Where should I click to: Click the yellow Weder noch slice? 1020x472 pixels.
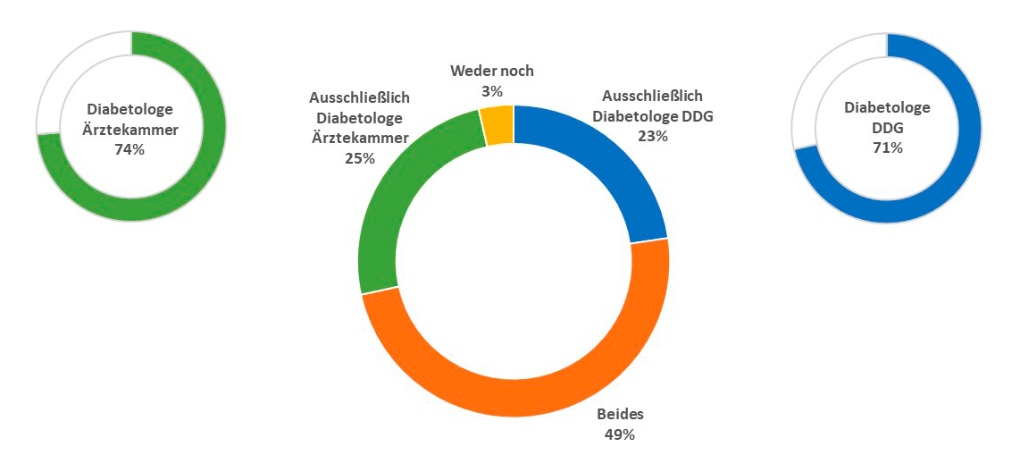tap(497, 124)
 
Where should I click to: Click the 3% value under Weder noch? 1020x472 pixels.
tap(492, 90)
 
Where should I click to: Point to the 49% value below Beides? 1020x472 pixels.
tap(620, 434)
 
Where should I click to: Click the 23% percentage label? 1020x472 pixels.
tap(653, 135)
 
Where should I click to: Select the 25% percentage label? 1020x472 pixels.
tap(359, 158)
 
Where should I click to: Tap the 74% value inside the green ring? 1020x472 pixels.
tap(130, 149)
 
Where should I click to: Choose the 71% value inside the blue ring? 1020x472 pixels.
tap(888, 147)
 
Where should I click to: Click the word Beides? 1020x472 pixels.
tap(620, 415)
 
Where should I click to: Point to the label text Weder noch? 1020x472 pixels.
tap(492, 71)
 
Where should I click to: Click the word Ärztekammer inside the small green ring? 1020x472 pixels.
tap(130, 130)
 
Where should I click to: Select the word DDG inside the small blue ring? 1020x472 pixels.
tap(888, 127)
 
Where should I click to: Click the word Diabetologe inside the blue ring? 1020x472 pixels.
tap(888, 107)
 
